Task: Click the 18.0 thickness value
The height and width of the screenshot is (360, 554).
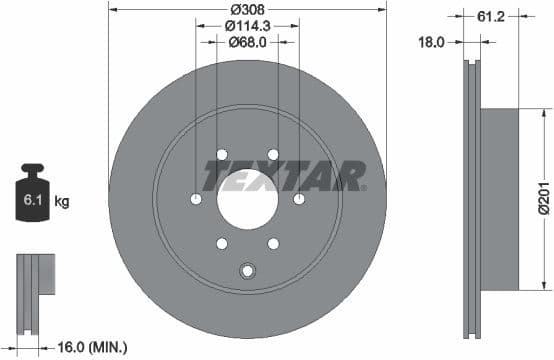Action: (431, 43)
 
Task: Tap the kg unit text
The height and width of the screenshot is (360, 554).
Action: (61, 202)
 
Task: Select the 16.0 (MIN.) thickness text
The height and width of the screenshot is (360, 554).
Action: (91, 346)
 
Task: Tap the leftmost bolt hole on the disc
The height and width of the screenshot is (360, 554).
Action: (196, 198)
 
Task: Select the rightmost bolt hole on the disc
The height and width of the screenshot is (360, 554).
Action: (299, 198)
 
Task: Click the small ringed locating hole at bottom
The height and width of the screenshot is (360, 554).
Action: (247, 268)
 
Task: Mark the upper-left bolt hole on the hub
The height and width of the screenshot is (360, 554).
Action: (221, 154)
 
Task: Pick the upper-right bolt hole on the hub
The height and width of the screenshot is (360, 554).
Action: (273, 154)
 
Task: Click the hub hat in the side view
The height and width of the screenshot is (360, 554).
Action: (501, 197)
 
